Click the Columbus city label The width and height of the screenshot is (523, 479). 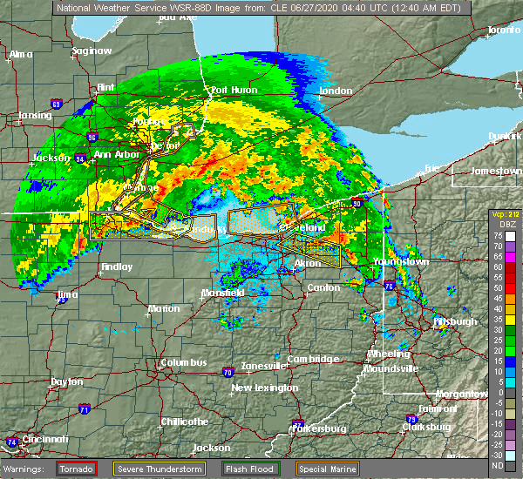183,363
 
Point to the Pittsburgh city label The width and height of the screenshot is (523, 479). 455,321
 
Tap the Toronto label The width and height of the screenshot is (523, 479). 503,30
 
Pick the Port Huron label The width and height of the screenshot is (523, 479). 231,90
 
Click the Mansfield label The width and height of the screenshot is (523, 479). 221,293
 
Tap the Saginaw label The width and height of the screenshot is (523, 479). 92,51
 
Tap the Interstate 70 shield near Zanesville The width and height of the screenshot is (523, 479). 228,372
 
